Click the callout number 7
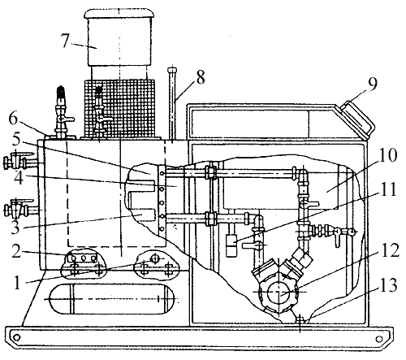(x=66, y=41)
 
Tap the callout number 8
(x=201, y=77)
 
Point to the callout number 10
(x=388, y=155)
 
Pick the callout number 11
(x=388, y=189)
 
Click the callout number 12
(x=389, y=250)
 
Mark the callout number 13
(x=388, y=285)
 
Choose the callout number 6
(x=14, y=119)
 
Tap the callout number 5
(x=16, y=140)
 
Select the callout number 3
(x=15, y=228)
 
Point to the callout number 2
(x=16, y=250)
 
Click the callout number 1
(x=17, y=284)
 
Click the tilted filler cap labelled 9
(x=359, y=118)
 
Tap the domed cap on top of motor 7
(x=119, y=14)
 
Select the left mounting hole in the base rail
(x=17, y=338)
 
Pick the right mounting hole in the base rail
(x=379, y=339)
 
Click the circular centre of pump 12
(x=279, y=293)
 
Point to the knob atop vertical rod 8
(x=172, y=70)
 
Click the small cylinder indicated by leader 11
(x=231, y=245)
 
